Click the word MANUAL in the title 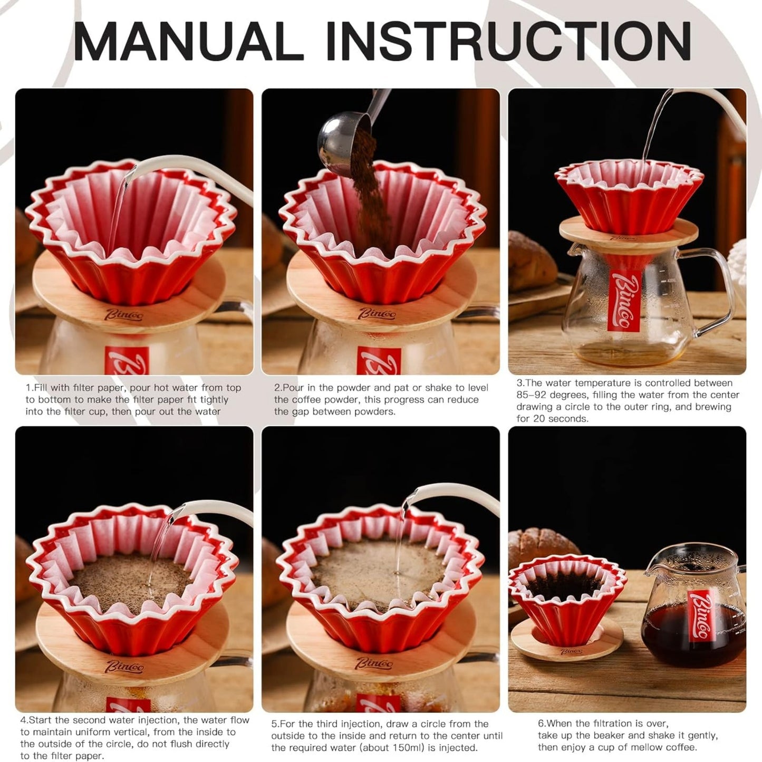[x=188, y=41]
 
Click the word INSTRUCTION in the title [x=508, y=41]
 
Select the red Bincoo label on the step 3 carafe [x=624, y=301]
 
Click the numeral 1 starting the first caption [x=28, y=388]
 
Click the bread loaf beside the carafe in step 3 [x=532, y=261]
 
